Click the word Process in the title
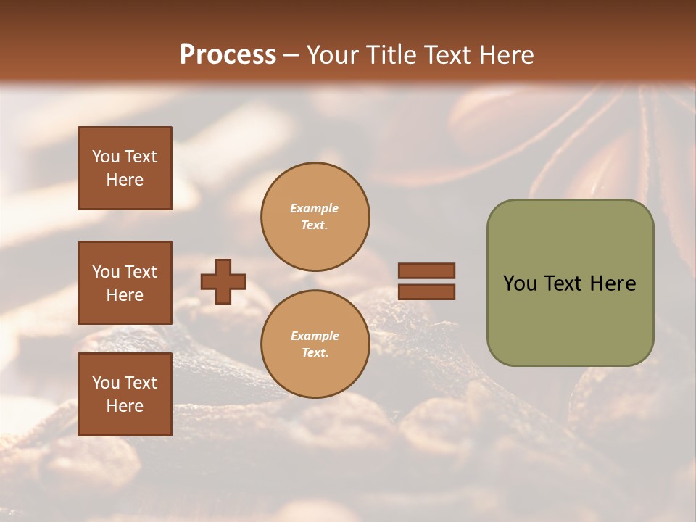228,55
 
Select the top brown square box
125,168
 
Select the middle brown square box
125,283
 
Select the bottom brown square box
125,394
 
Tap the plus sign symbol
223,281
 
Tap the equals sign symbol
426,281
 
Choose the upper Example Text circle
315,217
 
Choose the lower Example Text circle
315,344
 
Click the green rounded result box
570,283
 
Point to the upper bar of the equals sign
426,271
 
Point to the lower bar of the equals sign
426,292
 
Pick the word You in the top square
105,157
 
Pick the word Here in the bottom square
125,406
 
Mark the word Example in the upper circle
315,208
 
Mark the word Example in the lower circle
315,336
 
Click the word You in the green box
520,283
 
